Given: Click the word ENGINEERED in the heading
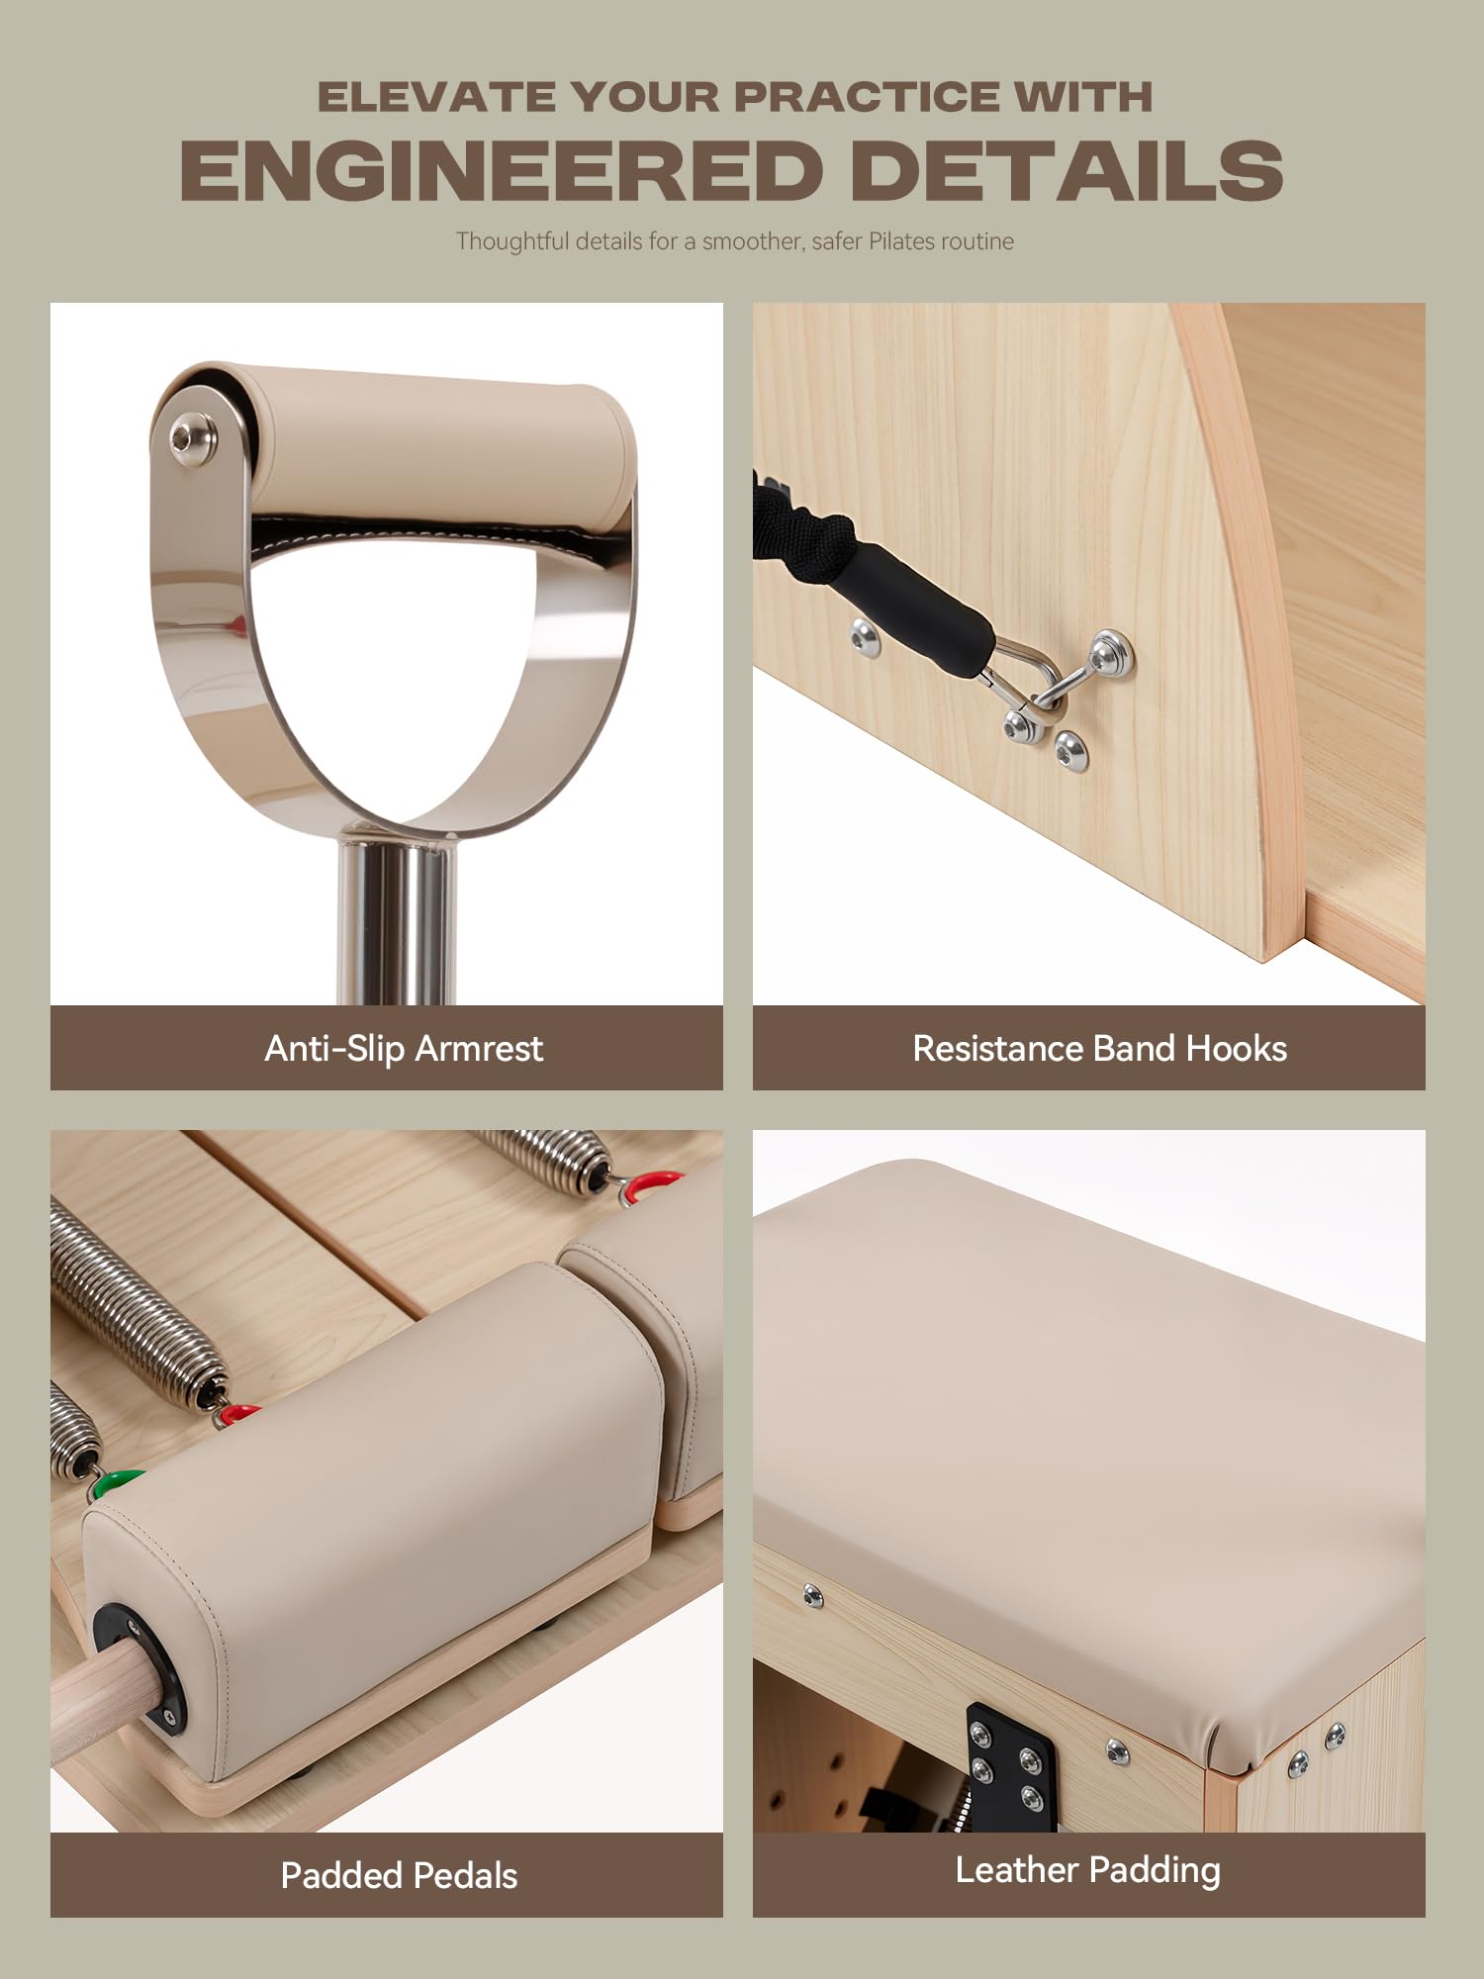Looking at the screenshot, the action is pos(502,170).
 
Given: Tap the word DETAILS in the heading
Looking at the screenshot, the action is pos(1067,170).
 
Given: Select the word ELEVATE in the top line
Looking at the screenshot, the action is pos(436,97).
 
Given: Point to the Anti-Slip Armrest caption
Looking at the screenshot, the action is pos(404,1049).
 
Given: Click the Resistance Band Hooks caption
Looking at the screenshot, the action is pos(1099,1049).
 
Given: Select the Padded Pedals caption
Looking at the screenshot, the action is pos(399,1875).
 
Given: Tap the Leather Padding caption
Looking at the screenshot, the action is pos(1087,1870).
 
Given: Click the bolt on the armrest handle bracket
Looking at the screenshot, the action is pos(187,437).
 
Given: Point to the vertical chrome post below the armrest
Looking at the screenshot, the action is pos(397,920).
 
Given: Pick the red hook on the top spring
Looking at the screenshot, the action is pos(650,1185).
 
